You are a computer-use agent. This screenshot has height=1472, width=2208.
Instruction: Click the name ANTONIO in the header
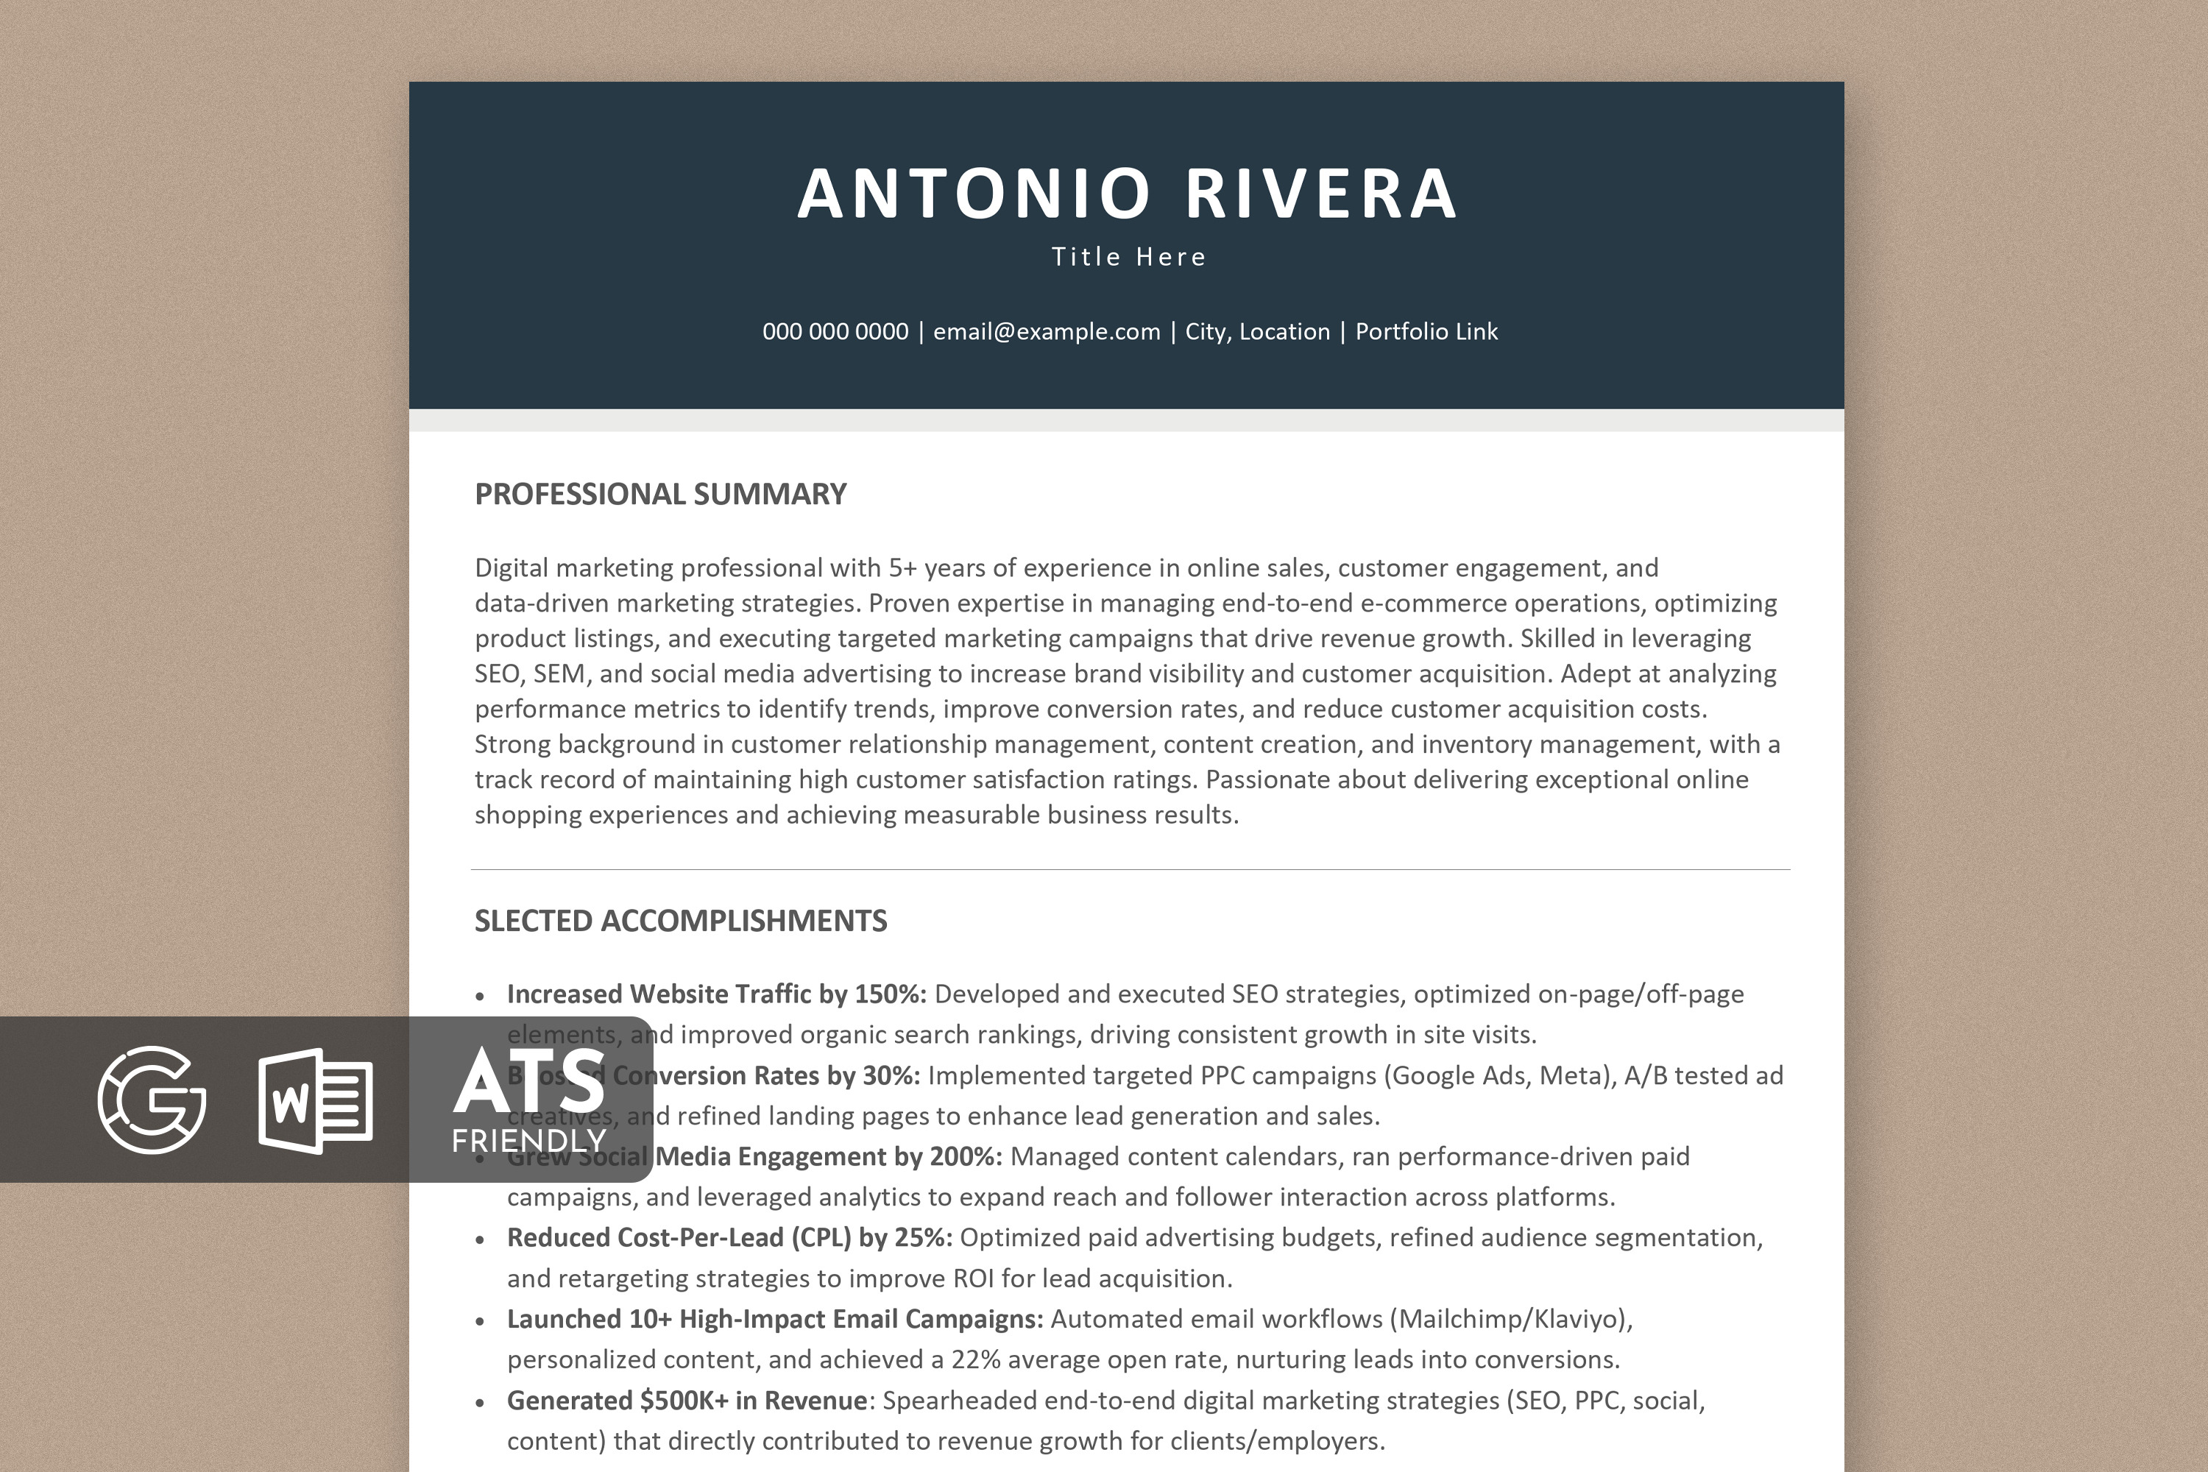(974, 194)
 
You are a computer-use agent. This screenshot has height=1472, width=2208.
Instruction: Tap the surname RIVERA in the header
(1321, 194)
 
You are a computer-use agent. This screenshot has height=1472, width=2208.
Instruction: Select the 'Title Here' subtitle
(1128, 257)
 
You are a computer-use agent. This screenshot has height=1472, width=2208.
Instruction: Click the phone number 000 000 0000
(835, 331)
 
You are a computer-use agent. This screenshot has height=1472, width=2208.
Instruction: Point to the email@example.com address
(1046, 331)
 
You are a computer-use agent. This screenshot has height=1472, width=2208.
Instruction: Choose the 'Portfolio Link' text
(1426, 331)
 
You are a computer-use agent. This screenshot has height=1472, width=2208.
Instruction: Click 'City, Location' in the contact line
(1257, 331)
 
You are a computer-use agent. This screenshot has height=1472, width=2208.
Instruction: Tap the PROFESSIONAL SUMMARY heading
(660, 494)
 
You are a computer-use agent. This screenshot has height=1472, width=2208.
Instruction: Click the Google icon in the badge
(152, 1100)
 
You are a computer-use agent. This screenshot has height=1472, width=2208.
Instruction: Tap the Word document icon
(316, 1100)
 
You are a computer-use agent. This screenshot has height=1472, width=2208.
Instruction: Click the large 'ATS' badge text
(528, 1080)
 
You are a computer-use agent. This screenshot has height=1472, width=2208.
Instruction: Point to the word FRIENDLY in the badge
(528, 1141)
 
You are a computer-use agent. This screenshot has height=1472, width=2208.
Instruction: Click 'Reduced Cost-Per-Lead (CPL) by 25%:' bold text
(729, 1237)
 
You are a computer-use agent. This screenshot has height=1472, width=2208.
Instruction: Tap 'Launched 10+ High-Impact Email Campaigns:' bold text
(774, 1319)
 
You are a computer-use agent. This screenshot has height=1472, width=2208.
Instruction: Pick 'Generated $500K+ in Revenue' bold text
(686, 1401)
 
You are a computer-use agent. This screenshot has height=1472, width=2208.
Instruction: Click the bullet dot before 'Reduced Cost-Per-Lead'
(480, 1240)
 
